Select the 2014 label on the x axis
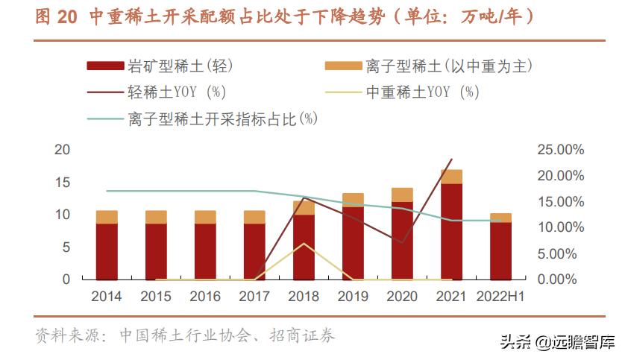pyautogui.click(x=107, y=296)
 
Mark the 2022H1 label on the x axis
pyautogui.click(x=500, y=296)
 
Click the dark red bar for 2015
pyautogui.click(x=156, y=251)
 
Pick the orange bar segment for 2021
pyautogui.click(x=451, y=177)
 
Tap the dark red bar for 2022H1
pyautogui.click(x=500, y=250)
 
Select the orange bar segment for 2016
pyautogui.click(x=205, y=217)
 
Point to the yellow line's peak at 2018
pyautogui.click(x=304, y=244)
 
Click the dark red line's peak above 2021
pyautogui.click(x=451, y=160)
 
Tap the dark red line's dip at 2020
pyautogui.click(x=402, y=242)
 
